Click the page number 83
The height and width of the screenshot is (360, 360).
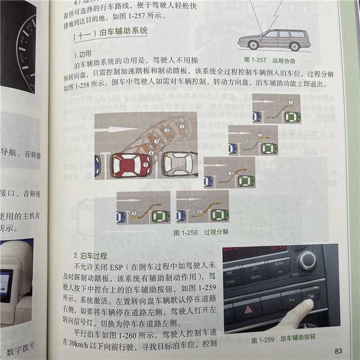(338, 350)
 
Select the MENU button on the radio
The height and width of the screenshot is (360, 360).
(256, 276)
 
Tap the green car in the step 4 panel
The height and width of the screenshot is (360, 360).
(219, 214)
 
